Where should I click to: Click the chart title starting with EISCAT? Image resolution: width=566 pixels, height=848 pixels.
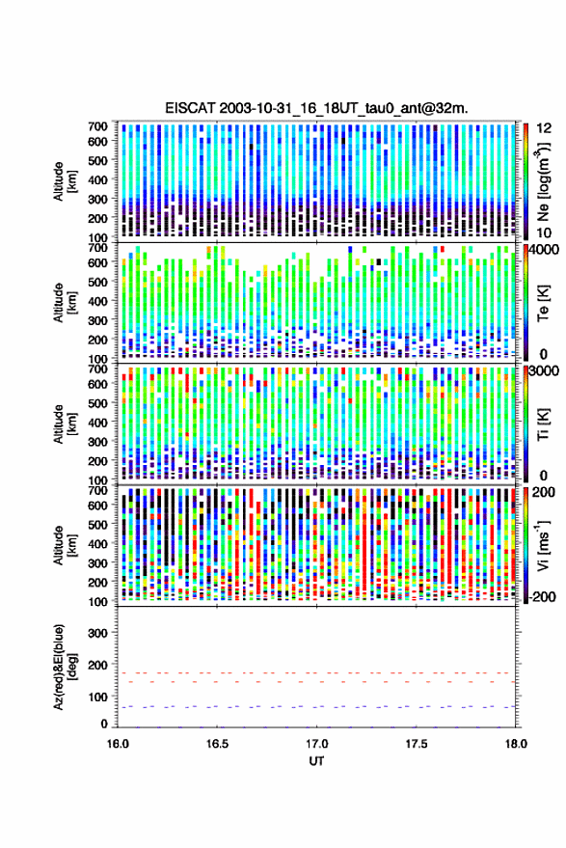click(316, 108)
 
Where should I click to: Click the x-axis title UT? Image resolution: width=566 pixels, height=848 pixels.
click(317, 761)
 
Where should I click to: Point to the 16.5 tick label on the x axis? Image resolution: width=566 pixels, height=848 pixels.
click(217, 744)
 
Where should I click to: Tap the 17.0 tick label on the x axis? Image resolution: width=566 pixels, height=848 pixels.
click(316, 744)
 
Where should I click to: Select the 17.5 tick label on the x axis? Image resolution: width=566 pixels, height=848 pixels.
click(416, 744)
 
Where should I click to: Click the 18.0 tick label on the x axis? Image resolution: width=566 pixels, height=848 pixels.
click(515, 744)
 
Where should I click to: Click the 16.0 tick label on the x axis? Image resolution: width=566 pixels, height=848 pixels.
click(118, 744)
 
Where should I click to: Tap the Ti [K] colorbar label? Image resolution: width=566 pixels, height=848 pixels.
click(543, 424)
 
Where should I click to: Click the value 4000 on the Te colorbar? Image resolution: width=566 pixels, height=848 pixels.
click(545, 251)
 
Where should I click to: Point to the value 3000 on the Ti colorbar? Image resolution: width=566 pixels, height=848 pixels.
click(545, 371)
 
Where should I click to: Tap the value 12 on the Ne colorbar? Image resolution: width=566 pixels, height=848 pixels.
click(544, 128)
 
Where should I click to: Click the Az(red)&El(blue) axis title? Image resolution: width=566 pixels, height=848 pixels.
click(65, 667)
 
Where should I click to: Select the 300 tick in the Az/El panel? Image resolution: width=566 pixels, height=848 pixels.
click(97, 633)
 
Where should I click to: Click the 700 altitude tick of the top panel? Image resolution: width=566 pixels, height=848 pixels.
click(97, 126)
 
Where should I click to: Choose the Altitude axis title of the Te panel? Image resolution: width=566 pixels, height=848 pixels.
click(65, 302)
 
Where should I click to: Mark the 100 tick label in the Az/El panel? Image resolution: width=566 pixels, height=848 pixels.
click(97, 697)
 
